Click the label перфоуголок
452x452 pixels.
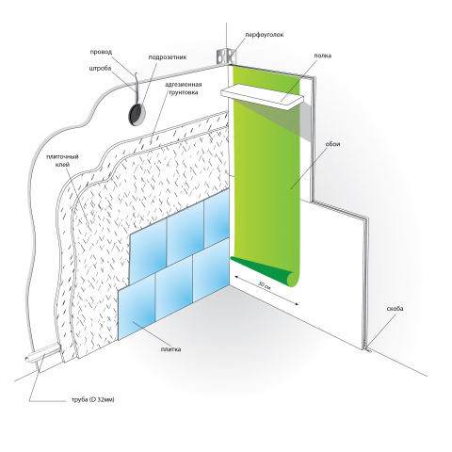tap(265, 35)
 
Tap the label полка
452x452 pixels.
tap(323, 56)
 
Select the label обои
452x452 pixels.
tap(332, 144)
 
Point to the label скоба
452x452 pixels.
tap(395, 309)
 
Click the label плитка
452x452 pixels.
tap(170, 349)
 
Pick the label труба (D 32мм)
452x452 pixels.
tap(93, 399)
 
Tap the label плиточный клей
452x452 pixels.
tap(62, 160)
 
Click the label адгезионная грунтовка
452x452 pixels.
tap(184, 89)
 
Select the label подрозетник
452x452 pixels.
tap(168, 57)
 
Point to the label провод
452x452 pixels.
tap(101, 52)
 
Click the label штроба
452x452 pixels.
tap(100, 68)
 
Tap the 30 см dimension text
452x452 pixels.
tap(265, 286)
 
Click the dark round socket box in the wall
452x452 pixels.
tap(137, 113)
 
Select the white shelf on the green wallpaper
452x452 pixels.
tap(263, 95)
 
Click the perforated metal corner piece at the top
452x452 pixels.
tap(225, 56)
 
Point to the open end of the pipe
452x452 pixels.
tap(28, 360)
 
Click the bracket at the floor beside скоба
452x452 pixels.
tap(368, 349)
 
